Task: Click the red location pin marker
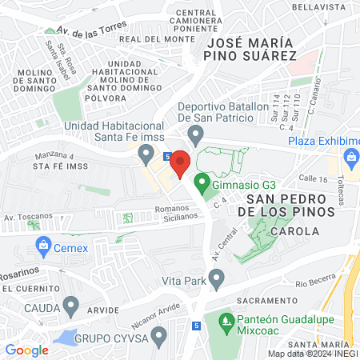click(180, 162)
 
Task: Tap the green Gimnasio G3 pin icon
click(202, 184)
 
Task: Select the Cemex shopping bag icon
click(35, 245)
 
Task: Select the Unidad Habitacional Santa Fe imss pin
click(146, 152)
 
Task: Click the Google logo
click(26, 350)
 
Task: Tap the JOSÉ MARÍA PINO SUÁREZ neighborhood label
click(250, 48)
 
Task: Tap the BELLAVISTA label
click(318, 6)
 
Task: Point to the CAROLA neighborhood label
click(294, 230)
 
